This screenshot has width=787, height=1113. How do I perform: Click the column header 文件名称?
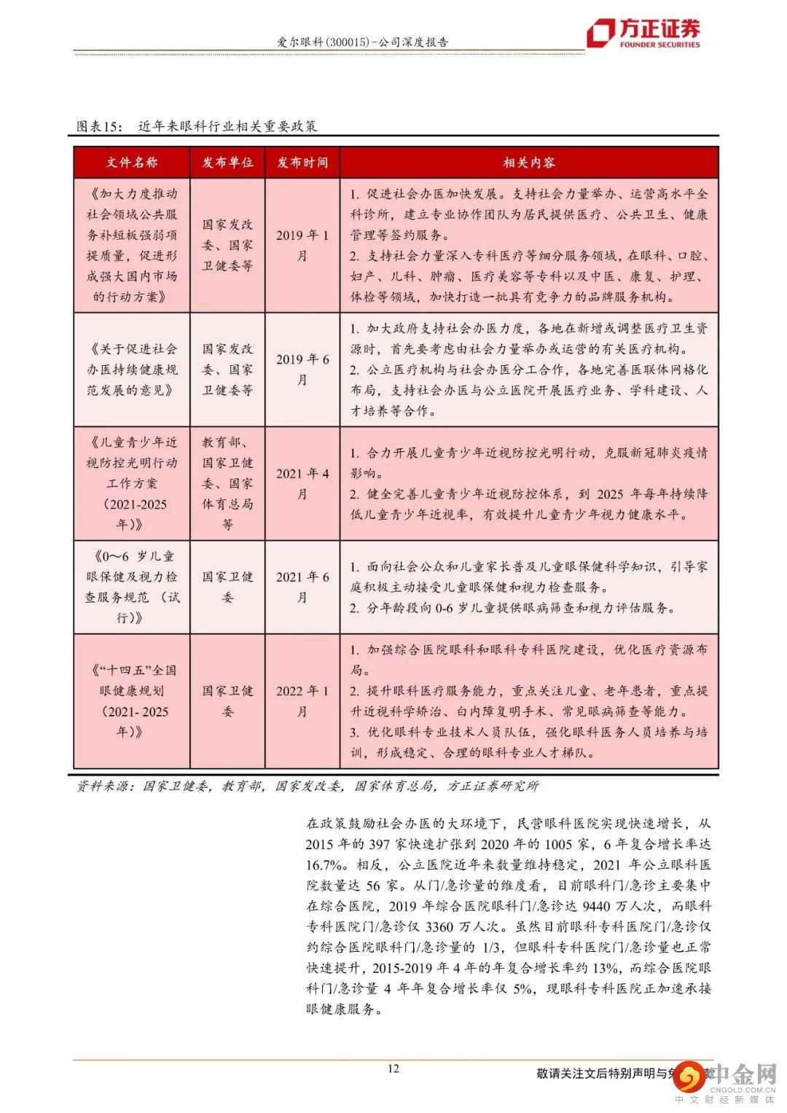click(x=131, y=163)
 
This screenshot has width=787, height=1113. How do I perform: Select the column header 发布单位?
click(x=227, y=163)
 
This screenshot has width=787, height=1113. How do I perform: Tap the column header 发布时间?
click(x=302, y=163)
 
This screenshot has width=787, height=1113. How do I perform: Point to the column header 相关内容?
click(x=529, y=163)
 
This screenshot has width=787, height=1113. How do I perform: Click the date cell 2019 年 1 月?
click(x=302, y=245)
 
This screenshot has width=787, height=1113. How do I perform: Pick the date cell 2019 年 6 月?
click(x=302, y=370)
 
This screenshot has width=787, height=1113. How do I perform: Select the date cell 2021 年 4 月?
click(x=302, y=483)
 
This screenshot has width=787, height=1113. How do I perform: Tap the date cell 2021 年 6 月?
click(x=302, y=587)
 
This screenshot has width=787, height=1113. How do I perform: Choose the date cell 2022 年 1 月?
click(x=302, y=700)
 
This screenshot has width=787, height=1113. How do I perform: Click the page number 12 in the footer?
click(x=393, y=1069)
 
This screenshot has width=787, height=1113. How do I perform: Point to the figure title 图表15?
click(x=101, y=126)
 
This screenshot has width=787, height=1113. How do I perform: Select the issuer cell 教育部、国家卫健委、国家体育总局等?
click(x=227, y=483)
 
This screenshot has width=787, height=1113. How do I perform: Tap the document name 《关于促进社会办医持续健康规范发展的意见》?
click(x=132, y=370)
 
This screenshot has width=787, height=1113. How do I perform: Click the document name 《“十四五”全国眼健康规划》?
click(x=132, y=700)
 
